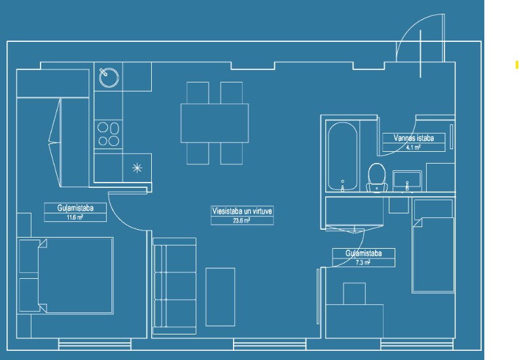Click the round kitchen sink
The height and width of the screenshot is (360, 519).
(x=109, y=77)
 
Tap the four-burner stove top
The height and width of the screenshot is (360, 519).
(x=108, y=134)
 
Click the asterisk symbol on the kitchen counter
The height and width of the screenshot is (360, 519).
(x=137, y=168)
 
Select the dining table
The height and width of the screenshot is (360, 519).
(x=215, y=123)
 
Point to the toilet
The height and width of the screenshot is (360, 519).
(x=377, y=177)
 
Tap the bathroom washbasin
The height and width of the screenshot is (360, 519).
(x=407, y=181)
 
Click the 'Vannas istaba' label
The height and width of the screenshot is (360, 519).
(x=414, y=138)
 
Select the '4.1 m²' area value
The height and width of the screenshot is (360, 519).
(x=414, y=147)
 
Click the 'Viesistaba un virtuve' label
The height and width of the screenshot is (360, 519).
(x=242, y=211)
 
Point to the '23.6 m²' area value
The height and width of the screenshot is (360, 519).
(x=242, y=221)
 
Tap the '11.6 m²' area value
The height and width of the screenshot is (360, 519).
(x=75, y=217)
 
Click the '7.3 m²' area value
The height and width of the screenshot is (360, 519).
(x=363, y=262)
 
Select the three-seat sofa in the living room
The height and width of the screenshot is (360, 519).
(x=175, y=286)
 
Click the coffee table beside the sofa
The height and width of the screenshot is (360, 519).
(x=221, y=297)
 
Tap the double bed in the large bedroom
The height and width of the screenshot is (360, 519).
(x=66, y=276)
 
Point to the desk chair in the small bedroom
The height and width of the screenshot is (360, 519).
(x=355, y=293)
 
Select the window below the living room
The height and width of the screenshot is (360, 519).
(x=270, y=344)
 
